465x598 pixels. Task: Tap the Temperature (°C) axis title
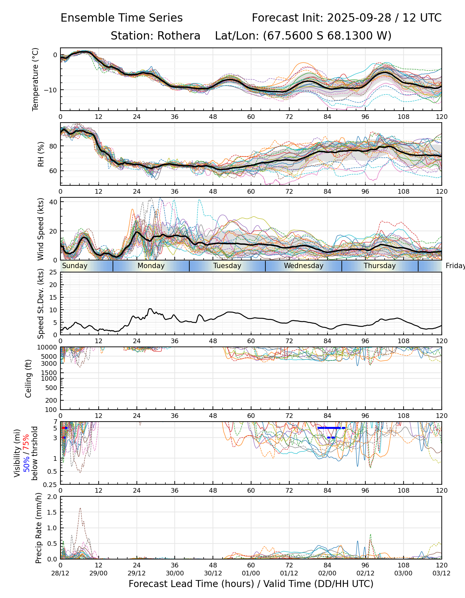36,79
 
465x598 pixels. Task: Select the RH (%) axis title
41,154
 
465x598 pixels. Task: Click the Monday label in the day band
151,266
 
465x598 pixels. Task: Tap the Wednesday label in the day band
304,266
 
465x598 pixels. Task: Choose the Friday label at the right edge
455,266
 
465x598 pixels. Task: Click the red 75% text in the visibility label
26,442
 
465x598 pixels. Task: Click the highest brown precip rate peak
80,508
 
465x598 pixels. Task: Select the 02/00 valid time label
327,573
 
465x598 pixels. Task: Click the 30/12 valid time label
213,573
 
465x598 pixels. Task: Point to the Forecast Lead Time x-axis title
251,584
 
